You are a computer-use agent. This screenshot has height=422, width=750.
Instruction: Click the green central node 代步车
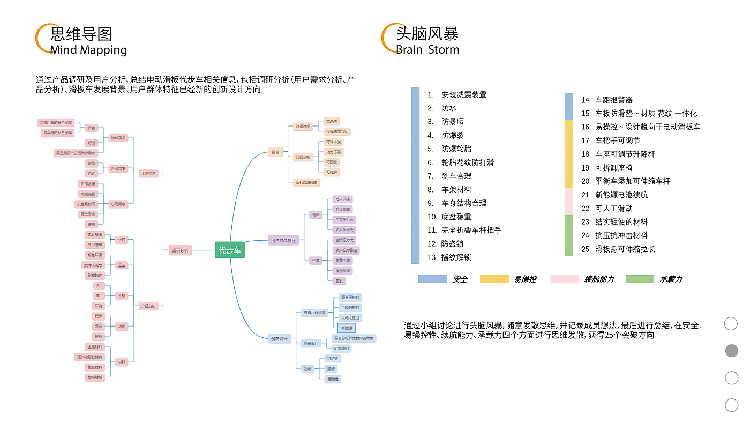point(230,250)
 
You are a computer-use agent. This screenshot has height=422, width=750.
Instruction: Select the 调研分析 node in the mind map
point(179,250)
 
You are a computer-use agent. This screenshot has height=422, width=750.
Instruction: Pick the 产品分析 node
point(147,306)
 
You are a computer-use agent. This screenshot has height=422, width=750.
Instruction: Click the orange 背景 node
point(275,153)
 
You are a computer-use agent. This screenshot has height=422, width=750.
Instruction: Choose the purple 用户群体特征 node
point(283,241)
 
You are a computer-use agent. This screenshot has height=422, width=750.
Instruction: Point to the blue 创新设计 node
point(279,338)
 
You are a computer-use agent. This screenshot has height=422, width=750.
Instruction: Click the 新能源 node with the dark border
point(347,327)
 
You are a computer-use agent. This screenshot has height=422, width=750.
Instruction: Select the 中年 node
point(316,260)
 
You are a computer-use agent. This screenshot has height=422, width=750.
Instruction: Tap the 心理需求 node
point(118,204)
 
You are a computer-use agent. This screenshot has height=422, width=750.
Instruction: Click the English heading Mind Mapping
point(88,50)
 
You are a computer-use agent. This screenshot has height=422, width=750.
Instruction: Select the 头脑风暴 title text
point(427,34)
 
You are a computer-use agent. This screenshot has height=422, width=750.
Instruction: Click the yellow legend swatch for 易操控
point(494,279)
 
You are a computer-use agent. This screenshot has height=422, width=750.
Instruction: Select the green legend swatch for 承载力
point(640,279)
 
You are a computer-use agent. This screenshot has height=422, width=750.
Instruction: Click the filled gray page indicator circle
point(731,351)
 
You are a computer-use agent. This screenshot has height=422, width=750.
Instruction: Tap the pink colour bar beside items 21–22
point(569,202)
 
